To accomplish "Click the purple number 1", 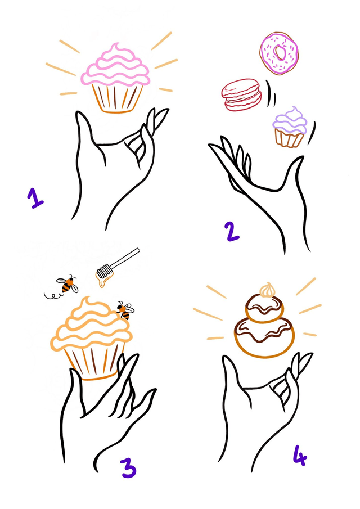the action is [x=35, y=197].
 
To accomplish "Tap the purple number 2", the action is [x=232, y=231].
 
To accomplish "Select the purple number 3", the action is [x=129, y=468].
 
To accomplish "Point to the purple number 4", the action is [x=300, y=455].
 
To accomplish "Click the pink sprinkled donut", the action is [x=279, y=53].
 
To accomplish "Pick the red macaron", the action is [x=241, y=94].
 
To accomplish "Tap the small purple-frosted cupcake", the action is [x=290, y=127].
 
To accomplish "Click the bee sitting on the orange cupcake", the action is [x=125, y=310].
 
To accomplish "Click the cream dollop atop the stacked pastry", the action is [x=267, y=290].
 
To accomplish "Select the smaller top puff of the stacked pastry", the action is [x=264, y=308].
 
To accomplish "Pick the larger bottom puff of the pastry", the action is [x=264, y=337].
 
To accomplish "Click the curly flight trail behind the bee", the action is [x=52, y=295].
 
